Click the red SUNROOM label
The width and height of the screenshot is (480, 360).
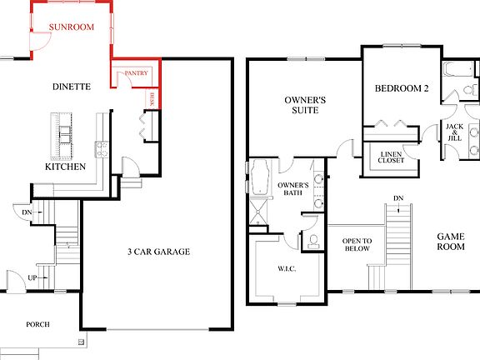click(x=70, y=27)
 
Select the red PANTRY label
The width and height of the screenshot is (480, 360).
click(x=136, y=74)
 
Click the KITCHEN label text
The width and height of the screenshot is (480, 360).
click(x=65, y=167)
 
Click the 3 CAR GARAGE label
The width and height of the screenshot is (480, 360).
click(x=158, y=252)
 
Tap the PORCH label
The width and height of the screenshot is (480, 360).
click(x=37, y=325)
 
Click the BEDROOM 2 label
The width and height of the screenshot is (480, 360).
click(x=402, y=88)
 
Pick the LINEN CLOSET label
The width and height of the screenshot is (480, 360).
click(x=392, y=157)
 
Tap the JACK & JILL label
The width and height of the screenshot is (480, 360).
click(x=454, y=132)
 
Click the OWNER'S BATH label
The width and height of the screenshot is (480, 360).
click(x=293, y=189)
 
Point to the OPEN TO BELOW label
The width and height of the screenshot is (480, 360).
click(x=356, y=244)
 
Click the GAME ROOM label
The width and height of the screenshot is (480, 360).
click(x=450, y=241)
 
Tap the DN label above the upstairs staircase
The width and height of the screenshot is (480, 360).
click(x=397, y=197)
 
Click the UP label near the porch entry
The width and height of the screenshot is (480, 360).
click(x=32, y=277)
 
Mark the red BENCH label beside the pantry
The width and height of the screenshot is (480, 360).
click(x=152, y=99)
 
